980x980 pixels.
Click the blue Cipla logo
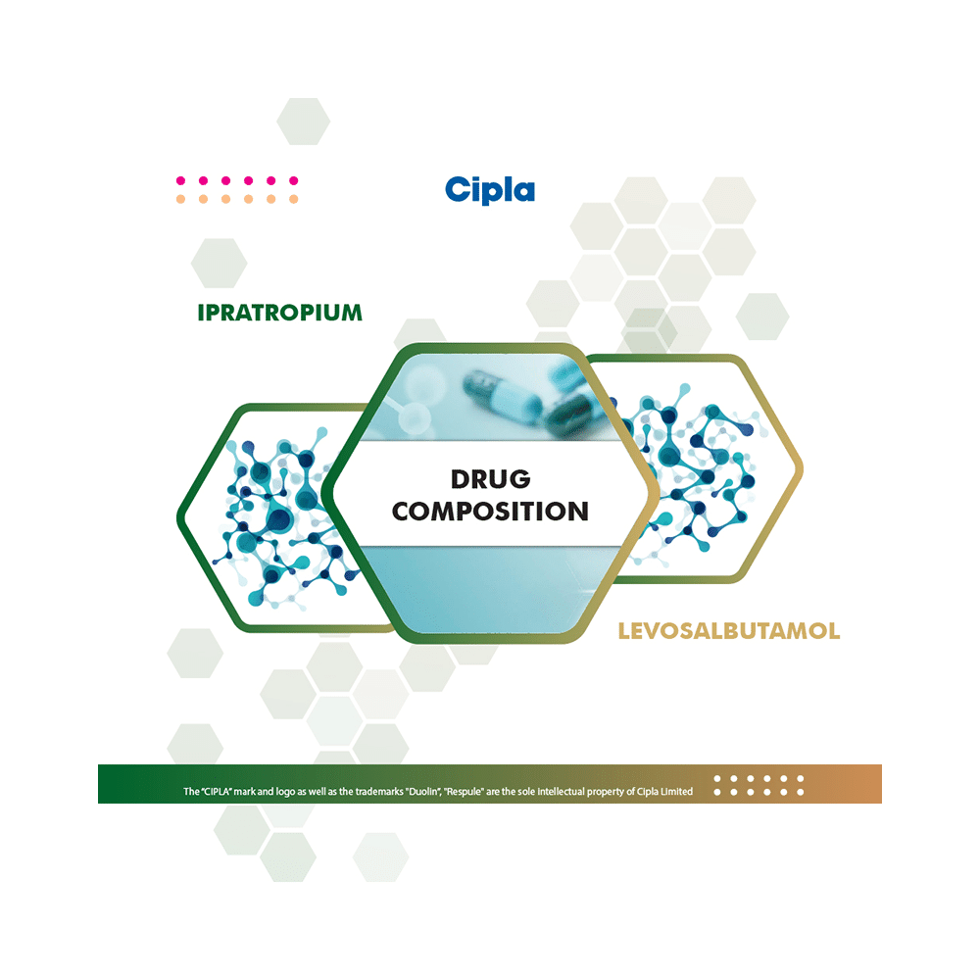click(x=489, y=189)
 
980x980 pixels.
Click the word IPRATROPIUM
click(x=279, y=314)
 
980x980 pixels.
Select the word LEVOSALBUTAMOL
click(x=728, y=631)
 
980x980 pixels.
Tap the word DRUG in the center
click(x=490, y=479)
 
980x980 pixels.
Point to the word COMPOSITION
click(x=490, y=511)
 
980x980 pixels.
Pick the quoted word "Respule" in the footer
click(x=466, y=792)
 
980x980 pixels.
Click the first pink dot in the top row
click(x=180, y=181)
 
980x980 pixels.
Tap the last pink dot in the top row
click(x=293, y=181)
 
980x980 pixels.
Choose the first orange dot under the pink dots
click(x=180, y=199)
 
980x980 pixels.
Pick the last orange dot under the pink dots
click(x=293, y=199)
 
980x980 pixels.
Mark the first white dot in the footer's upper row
click(x=717, y=779)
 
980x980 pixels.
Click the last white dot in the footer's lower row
click(x=800, y=792)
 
